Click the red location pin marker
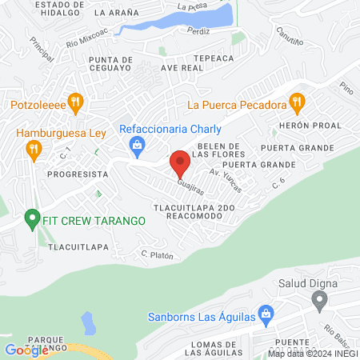(180, 163)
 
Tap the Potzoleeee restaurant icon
(76, 102)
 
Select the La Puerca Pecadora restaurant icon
(297, 102)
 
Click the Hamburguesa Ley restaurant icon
(34, 148)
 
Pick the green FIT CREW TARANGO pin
(32, 218)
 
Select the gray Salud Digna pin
(320, 301)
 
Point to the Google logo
(26, 350)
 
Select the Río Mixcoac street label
(86, 39)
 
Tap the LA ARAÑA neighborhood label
(115, 13)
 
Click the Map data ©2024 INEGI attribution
(312, 353)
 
